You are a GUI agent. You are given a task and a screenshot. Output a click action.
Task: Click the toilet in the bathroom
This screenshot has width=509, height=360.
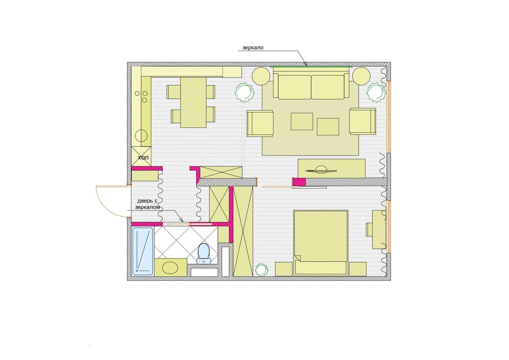click(204, 254)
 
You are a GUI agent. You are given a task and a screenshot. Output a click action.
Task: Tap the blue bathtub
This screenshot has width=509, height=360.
click(143, 251)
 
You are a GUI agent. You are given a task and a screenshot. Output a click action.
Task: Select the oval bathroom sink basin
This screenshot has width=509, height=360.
click(170, 267)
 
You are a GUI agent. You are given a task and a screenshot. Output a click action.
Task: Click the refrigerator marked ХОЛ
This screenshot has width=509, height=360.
click(141, 156)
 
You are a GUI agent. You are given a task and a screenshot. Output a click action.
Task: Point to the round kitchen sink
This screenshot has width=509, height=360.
click(141, 136)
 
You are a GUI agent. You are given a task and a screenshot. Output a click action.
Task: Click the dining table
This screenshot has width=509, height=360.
click(193, 103)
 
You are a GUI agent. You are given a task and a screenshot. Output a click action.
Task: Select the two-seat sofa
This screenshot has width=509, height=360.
click(311, 86)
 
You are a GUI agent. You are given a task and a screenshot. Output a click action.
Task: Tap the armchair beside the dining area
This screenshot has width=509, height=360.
click(260, 123)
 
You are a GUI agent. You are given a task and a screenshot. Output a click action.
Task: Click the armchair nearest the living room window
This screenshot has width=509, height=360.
click(363, 121)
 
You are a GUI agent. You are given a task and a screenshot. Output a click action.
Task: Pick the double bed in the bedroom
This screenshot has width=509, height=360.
click(321, 243)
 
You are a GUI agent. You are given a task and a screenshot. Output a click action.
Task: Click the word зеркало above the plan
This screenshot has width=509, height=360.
click(253, 48)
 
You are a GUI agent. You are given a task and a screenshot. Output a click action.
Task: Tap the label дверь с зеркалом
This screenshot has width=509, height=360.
click(147, 204)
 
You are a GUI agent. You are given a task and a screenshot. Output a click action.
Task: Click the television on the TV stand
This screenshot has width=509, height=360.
click(321, 170)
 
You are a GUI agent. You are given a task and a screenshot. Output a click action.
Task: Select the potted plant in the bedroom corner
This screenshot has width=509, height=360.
click(261, 270)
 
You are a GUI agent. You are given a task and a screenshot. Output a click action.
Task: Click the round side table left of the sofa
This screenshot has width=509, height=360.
click(261, 76)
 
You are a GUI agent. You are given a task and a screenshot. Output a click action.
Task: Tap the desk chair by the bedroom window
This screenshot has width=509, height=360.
click(369, 229)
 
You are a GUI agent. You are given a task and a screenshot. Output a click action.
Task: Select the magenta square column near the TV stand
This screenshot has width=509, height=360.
click(299, 182)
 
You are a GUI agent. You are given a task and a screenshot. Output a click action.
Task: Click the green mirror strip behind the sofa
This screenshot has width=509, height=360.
click(311, 67)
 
